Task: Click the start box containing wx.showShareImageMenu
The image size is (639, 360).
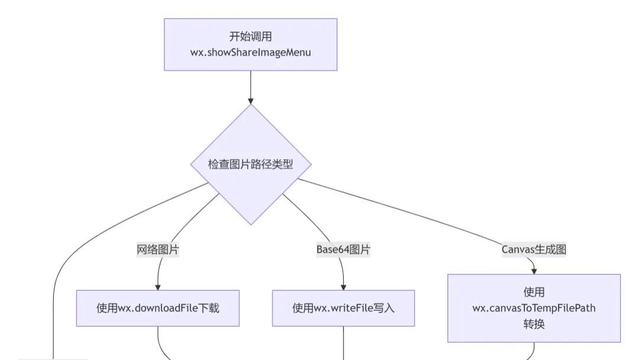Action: [250, 44]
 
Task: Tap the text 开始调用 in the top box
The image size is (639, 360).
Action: [250, 37]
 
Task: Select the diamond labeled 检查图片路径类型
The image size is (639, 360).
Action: [250, 164]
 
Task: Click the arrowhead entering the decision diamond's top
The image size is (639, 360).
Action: [250, 101]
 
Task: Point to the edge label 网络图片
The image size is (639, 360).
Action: [158, 249]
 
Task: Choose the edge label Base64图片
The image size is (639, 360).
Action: [343, 249]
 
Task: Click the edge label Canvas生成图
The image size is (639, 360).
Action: [534, 249]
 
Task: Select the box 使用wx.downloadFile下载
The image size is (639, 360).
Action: [158, 308]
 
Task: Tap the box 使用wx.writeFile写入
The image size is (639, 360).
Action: [343, 308]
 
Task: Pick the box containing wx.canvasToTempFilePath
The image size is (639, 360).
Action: [534, 308]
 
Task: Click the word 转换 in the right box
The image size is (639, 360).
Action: [534, 324]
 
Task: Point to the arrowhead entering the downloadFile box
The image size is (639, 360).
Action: [158, 287]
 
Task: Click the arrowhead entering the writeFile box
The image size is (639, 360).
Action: [343, 287]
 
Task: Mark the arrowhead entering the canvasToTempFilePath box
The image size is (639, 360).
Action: [534, 271]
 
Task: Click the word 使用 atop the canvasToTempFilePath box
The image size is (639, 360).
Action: [534, 292]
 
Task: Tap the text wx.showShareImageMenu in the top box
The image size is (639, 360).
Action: [250, 52]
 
